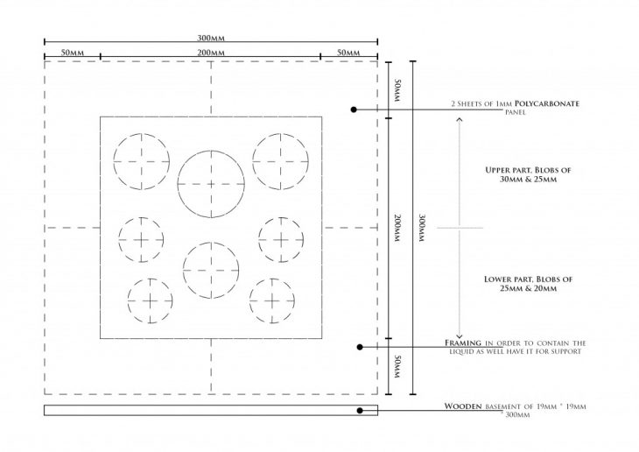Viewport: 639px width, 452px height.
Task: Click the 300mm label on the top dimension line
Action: pyautogui.click(x=211, y=38)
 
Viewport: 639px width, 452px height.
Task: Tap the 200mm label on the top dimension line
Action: pyautogui.click(x=211, y=53)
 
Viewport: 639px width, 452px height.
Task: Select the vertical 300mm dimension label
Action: pyautogui.click(x=422, y=228)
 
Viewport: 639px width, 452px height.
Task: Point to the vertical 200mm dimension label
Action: pyautogui.click(x=397, y=228)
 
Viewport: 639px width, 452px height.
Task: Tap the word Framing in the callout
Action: pyautogui.click(x=463, y=343)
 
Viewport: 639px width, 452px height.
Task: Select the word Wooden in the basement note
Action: pyautogui.click(x=463, y=406)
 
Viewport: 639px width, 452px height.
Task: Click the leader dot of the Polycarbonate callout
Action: pyautogui.click(x=354, y=109)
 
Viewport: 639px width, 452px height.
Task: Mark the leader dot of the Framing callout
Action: pyautogui.click(x=360, y=347)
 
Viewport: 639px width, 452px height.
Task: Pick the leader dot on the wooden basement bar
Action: pyautogui.click(x=360, y=410)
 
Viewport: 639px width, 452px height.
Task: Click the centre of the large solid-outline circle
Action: pyautogui.click(x=211, y=184)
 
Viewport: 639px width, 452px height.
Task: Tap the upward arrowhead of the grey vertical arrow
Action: pyautogui.click(x=460, y=119)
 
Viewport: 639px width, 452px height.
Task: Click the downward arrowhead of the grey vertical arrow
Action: pyautogui.click(x=460, y=336)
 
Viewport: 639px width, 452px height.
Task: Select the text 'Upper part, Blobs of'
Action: pyautogui.click(x=528, y=170)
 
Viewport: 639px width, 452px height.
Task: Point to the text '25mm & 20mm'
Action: pyautogui.click(x=528, y=288)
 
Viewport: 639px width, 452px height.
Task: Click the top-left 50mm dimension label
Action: pyautogui.click(x=73, y=53)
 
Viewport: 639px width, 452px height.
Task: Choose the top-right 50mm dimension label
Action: pyautogui.click(x=349, y=53)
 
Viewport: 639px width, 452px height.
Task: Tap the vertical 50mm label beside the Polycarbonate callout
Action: pyautogui.click(x=397, y=90)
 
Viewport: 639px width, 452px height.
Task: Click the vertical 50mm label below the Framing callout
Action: pyautogui.click(x=397, y=366)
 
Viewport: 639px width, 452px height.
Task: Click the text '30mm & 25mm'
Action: pyautogui.click(x=528, y=180)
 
